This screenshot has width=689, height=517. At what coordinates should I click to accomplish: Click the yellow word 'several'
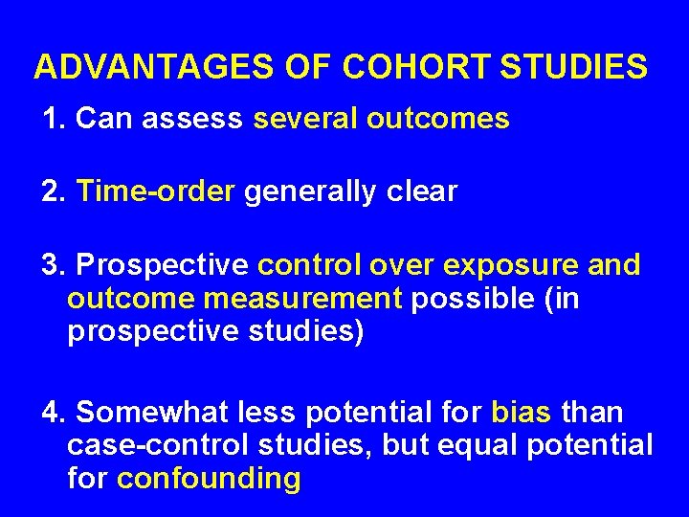pos(306,119)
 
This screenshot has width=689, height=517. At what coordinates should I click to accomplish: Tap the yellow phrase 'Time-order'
pos(155,191)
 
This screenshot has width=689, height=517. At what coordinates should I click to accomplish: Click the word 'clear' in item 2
pos(423,191)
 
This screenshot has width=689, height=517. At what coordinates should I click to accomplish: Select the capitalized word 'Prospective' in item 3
pos(163,265)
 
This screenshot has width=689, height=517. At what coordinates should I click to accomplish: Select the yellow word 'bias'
pos(521,413)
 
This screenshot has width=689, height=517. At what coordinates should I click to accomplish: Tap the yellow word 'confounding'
pos(209,478)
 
